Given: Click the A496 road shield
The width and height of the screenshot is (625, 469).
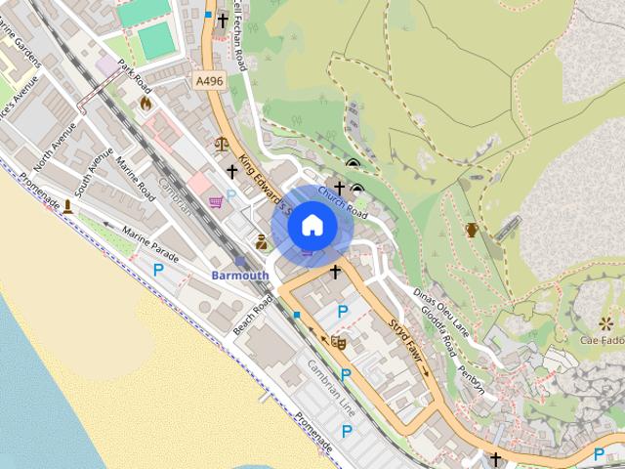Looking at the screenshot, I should click(x=209, y=81).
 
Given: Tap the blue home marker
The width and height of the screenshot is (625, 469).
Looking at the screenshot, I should click(x=312, y=226).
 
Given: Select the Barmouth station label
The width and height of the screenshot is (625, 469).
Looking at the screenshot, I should click(x=240, y=276).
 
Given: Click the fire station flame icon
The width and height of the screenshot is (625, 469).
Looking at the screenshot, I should click(x=146, y=102).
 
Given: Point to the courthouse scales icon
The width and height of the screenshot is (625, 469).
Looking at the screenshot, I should click(x=222, y=144).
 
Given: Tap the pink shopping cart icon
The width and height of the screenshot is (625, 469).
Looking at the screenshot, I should click(x=216, y=202).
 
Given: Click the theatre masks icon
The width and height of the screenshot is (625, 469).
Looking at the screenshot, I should click(x=339, y=342).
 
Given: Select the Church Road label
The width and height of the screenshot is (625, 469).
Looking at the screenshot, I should click(x=342, y=202).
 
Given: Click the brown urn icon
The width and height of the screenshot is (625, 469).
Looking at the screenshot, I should click(x=472, y=230).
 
